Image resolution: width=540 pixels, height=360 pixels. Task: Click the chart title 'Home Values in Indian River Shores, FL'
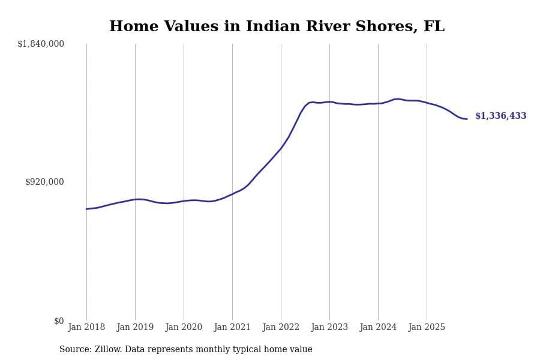click(x=277, y=27)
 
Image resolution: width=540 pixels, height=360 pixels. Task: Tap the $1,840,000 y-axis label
click(x=41, y=44)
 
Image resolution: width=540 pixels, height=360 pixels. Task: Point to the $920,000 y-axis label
click(x=44, y=182)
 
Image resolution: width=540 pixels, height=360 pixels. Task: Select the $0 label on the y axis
click(x=59, y=321)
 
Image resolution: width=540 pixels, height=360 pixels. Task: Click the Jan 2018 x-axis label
click(x=86, y=328)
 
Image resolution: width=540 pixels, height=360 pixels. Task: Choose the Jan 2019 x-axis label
click(x=135, y=328)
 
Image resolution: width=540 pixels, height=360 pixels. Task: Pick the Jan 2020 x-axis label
click(x=184, y=328)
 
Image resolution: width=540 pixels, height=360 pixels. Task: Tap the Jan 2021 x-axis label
click(x=232, y=328)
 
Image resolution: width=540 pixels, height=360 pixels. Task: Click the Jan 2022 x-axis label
click(x=281, y=328)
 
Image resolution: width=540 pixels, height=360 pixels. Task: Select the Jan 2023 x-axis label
click(x=329, y=328)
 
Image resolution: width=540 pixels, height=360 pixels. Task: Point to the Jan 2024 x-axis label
click(x=378, y=328)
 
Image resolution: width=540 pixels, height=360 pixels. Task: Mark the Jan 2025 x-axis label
click(x=427, y=328)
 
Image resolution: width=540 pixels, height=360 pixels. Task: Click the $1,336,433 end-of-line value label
click(x=500, y=116)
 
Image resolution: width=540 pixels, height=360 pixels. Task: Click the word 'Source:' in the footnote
click(x=76, y=350)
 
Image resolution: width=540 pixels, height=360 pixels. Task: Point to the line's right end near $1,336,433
click(x=467, y=119)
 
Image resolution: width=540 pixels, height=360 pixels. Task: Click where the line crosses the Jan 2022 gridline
click(x=281, y=148)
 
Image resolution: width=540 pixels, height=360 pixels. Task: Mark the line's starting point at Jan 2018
click(x=86, y=209)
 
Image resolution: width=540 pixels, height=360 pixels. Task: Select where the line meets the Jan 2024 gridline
click(x=378, y=103)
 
